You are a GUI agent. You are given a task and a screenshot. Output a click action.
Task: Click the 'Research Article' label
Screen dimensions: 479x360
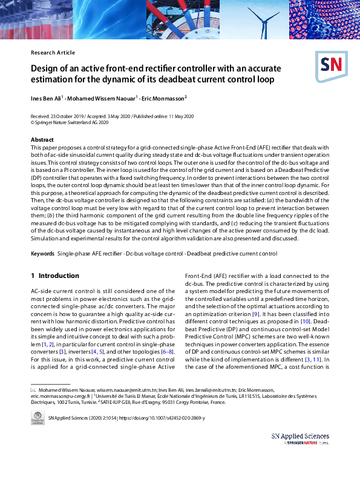[53, 53]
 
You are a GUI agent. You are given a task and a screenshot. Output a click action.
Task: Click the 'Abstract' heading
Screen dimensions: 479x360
[42, 140]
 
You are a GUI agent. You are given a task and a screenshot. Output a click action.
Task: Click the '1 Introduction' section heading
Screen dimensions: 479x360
[55, 276]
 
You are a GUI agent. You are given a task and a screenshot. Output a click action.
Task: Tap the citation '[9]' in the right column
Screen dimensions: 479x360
[256, 315]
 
